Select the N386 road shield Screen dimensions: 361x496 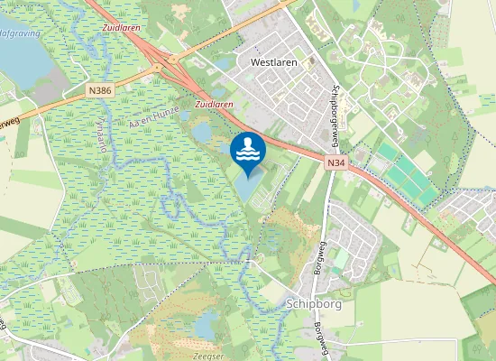(x=100, y=90)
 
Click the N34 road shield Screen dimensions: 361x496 (x=336, y=162)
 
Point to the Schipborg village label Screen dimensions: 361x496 (x=312, y=304)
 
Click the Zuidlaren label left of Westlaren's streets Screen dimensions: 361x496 (x=214, y=105)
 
